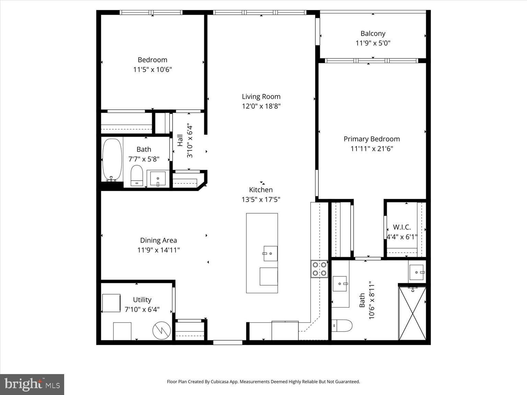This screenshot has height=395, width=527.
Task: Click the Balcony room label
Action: coord(373,34)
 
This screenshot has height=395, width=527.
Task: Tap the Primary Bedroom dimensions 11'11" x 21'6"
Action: coord(372,149)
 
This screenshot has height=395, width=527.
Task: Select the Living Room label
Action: coord(261,97)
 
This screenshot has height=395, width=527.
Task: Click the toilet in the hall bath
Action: coord(137,176)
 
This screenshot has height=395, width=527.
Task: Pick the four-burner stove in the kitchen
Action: coord(319,269)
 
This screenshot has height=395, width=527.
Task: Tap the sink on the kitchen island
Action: coord(270,253)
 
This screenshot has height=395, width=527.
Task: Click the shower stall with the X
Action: coord(412,313)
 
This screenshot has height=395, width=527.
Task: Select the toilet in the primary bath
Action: coord(342,325)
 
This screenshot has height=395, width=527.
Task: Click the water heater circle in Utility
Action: coord(162,331)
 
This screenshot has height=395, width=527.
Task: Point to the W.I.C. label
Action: coord(402,227)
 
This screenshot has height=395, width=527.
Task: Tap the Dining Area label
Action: coord(159,240)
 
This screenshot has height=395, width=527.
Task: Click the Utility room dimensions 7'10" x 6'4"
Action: coord(142,309)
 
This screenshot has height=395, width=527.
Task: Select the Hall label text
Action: coord(180,141)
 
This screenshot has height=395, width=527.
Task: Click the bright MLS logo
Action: coord(32,384)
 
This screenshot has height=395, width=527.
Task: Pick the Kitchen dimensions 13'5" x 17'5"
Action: coord(261,200)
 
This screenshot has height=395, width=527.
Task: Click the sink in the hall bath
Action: coord(158,178)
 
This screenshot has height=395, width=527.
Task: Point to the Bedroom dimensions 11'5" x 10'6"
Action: coord(152,70)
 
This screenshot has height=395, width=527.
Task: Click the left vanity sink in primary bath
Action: coord(340,284)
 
